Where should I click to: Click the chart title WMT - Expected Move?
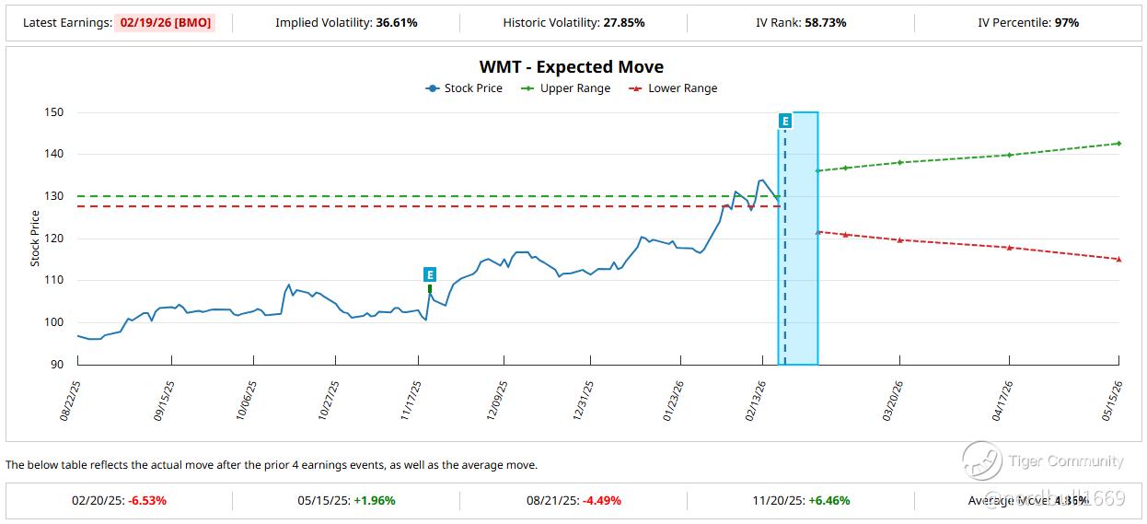tap(571, 67)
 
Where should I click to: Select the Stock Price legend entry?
tap(464, 88)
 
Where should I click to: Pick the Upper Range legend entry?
tap(566, 88)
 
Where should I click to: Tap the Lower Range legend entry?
tap(673, 88)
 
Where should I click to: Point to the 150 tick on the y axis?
tap(54, 112)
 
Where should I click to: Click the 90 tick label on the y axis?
tap(57, 365)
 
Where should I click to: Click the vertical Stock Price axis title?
tap(35, 239)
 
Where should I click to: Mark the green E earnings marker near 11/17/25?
tap(430, 274)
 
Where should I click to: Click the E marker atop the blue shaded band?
tap(785, 121)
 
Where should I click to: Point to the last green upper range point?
tap(1118, 143)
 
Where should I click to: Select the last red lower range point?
tap(1118, 259)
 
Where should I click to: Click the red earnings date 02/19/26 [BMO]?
tap(165, 22)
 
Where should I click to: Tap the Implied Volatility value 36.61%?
tap(397, 22)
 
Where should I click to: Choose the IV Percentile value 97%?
tap(1067, 22)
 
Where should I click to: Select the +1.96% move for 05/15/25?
tap(375, 501)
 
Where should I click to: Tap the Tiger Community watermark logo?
tap(982, 460)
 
